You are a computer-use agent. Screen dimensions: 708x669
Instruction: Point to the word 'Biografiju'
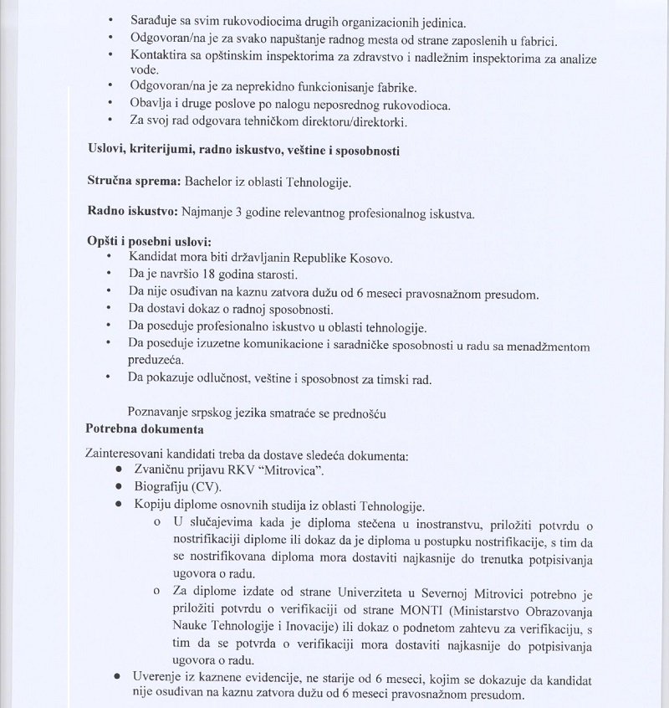162,488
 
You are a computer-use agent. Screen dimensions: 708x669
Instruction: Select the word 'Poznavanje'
157,412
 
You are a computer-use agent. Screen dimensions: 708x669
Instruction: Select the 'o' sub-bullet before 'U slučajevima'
156,523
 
